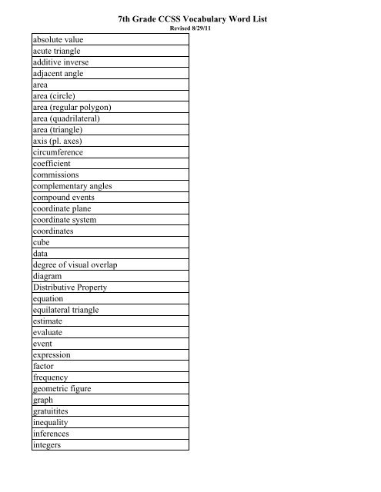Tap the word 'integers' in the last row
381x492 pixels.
coord(48,446)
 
